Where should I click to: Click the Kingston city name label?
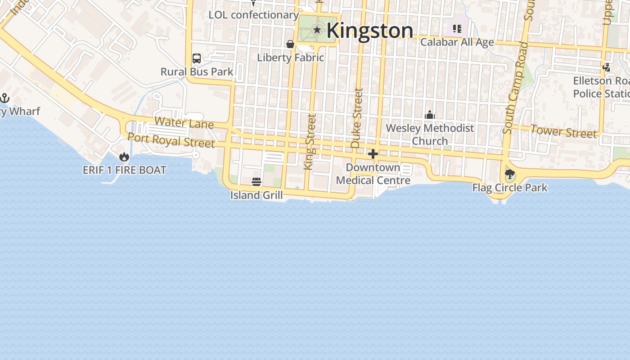coord(369,31)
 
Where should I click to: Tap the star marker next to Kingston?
coord(317,30)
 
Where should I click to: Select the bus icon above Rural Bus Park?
coord(197,58)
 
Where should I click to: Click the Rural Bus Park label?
coord(197,72)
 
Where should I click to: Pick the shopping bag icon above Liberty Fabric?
coord(290,44)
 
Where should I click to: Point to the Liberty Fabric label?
coord(290,58)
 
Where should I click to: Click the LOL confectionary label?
coord(253,15)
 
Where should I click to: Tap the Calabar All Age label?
coord(457,42)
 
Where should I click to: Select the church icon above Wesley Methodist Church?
coord(430,115)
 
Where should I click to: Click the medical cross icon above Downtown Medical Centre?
coord(373,154)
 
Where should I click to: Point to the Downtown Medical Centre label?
coord(373,174)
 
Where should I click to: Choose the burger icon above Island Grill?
coord(256,182)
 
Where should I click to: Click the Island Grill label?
coord(256,195)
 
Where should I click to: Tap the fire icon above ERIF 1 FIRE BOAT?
coord(124,157)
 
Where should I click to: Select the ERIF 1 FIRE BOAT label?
coord(125,170)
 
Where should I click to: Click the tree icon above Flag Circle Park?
coord(509,174)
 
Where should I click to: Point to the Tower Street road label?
coord(563,132)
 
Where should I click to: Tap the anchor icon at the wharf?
coord(4,98)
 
